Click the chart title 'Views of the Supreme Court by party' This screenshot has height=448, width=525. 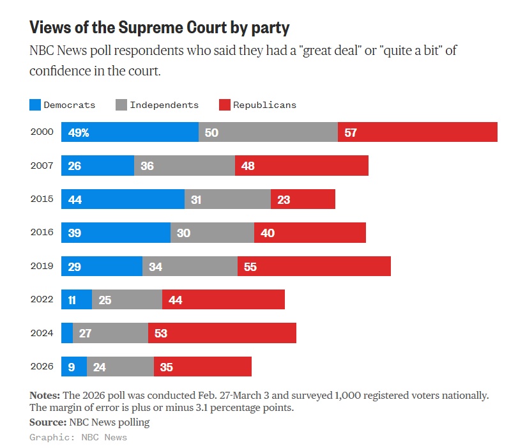point(159,27)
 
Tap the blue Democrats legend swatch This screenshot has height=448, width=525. point(35,105)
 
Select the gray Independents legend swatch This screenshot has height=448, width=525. point(121,105)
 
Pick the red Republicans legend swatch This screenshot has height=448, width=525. point(224,105)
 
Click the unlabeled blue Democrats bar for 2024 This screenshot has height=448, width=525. point(67,333)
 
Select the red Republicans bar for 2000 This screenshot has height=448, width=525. point(418,132)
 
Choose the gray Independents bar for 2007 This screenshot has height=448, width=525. point(185,166)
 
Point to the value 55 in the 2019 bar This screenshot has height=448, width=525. point(250,266)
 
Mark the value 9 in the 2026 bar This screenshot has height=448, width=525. point(71,367)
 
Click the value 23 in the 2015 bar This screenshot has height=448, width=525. point(283,199)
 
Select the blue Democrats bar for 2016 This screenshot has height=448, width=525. point(116,233)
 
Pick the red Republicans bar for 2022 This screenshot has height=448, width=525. point(224,300)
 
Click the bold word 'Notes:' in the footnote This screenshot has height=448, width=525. point(45,396)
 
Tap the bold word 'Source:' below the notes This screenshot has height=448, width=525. point(47,422)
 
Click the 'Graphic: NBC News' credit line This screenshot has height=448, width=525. point(78,437)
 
